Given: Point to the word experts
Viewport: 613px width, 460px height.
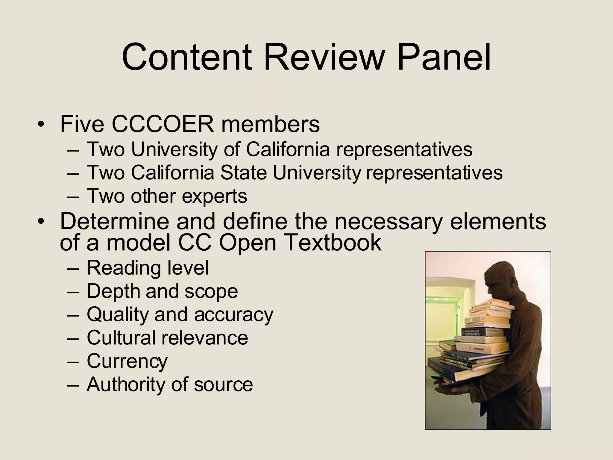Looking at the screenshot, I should click(x=214, y=196).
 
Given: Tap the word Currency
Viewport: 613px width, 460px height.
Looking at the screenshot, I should click(x=127, y=361).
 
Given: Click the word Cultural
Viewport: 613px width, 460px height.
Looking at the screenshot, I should click(x=121, y=338).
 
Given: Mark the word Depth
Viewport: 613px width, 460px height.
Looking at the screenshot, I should click(x=113, y=291).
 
